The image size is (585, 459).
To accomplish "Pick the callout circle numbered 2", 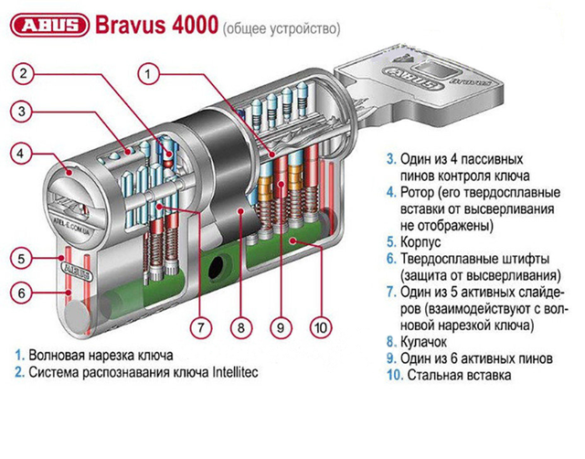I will tap(26, 73).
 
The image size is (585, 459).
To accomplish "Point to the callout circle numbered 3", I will tap(26, 112).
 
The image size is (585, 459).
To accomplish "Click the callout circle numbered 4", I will tap(26, 152).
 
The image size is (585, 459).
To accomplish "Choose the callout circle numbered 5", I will tap(26, 259).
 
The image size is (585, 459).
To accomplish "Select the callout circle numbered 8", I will tap(239, 326).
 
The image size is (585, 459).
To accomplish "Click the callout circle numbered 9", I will tap(281, 326).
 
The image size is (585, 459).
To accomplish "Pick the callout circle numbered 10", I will tap(321, 326).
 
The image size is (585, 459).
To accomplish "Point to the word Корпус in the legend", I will tap(421, 245).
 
